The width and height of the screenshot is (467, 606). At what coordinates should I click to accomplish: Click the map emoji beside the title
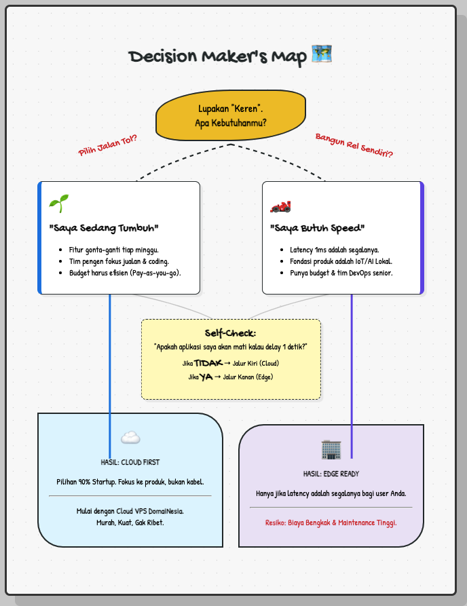coord(321,55)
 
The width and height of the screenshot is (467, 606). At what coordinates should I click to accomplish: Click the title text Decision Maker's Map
coord(218,56)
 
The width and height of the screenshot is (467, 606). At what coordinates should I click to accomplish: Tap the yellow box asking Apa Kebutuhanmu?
coord(231,115)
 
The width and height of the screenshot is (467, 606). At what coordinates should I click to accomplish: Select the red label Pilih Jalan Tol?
coord(108,145)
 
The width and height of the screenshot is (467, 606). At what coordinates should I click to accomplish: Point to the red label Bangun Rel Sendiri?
coord(354,145)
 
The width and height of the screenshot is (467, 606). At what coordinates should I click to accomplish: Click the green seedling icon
coord(58,203)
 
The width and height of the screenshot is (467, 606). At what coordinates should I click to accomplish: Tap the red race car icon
coord(280,205)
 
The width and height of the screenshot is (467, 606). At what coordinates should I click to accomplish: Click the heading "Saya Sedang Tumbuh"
coord(104,227)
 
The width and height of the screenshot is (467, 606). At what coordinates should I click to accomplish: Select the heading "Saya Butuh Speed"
coord(317,227)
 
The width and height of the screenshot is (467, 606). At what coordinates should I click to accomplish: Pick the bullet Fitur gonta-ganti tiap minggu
coord(113,250)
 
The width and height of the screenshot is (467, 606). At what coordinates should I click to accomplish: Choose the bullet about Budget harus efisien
coord(125,273)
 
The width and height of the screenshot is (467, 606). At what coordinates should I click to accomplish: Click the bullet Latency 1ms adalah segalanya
coord(334,250)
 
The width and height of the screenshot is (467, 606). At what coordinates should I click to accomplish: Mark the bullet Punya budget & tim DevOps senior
coord(341,273)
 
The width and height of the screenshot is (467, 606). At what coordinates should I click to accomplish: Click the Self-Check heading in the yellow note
coord(230,333)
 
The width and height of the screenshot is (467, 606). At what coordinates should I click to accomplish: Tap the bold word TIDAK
coord(208,362)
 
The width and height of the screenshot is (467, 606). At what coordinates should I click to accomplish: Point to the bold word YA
coord(206,377)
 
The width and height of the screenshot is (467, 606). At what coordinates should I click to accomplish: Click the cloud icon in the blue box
coord(130,438)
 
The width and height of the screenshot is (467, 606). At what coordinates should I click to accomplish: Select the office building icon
coord(331,449)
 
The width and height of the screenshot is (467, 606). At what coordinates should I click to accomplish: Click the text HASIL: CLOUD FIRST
coord(130,462)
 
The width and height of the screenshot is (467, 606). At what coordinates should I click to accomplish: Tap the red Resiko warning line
coord(331,523)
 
